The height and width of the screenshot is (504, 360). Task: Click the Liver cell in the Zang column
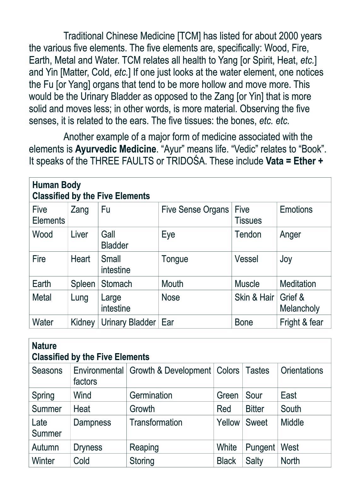(79, 235)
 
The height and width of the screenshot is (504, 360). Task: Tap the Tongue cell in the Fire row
(175, 259)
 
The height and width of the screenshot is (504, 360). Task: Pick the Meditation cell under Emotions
(298, 284)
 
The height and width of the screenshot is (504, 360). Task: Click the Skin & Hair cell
(254, 298)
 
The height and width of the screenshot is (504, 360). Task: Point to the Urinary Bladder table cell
(128, 322)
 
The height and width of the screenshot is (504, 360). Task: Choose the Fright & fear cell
(301, 322)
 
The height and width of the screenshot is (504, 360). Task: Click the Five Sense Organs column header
(195, 210)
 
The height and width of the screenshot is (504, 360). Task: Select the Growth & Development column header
(170, 371)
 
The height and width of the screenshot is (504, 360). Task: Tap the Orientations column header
(302, 371)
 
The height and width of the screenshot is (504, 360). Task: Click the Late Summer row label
(46, 428)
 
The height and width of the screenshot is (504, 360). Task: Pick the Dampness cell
(92, 423)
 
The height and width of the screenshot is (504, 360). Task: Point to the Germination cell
(151, 395)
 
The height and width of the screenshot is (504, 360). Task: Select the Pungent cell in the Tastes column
(260, 447)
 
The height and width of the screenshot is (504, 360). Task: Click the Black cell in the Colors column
(226, 461)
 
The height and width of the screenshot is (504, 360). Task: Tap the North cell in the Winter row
(290, 461)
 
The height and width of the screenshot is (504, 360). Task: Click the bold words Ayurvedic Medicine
(115, 149)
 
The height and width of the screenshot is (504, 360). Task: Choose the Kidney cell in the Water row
(83, 322)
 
